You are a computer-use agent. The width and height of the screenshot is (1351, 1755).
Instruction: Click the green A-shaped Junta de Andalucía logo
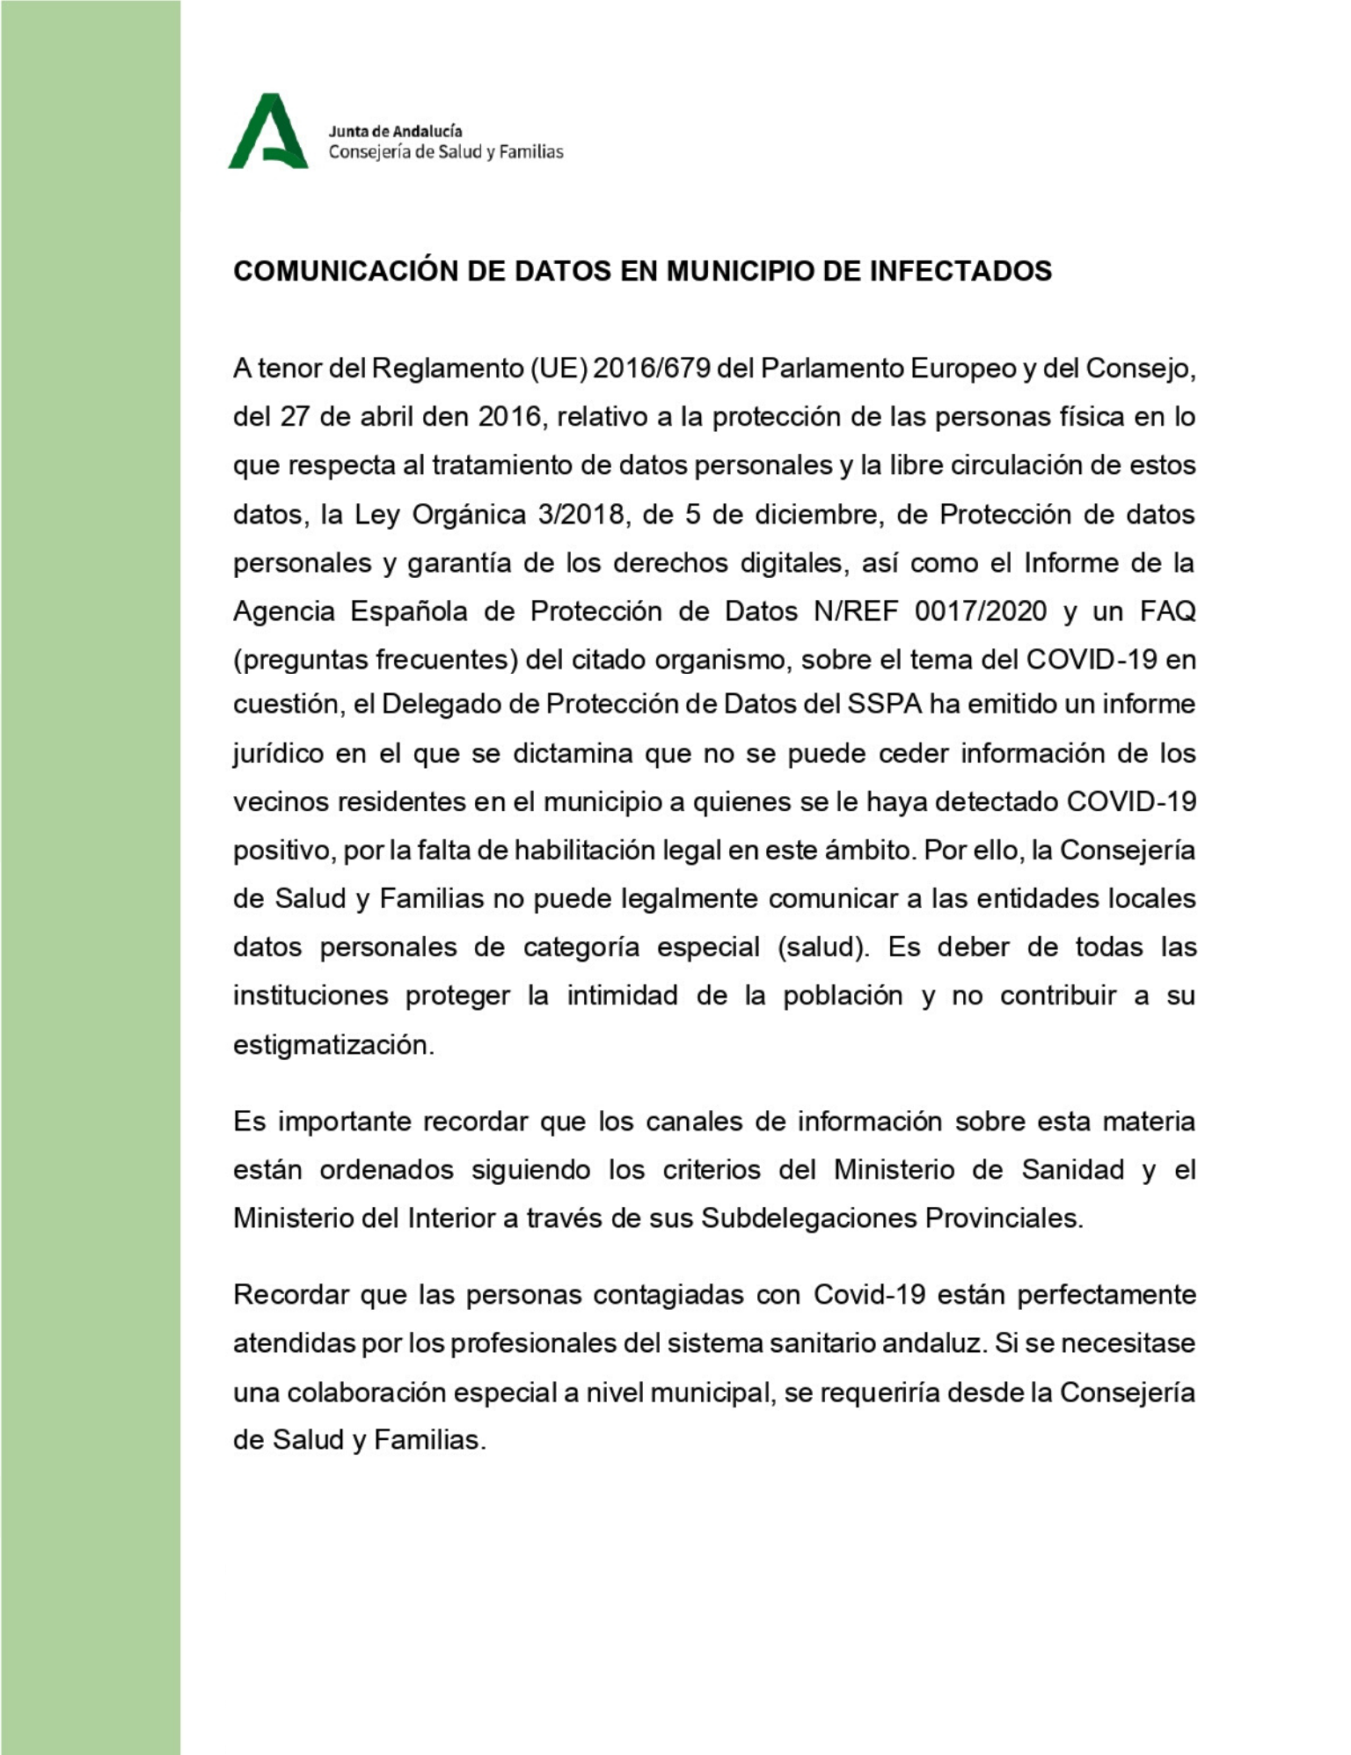(x=268, y=131)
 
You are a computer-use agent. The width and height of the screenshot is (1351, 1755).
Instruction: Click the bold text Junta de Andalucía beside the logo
(x=395, y=131)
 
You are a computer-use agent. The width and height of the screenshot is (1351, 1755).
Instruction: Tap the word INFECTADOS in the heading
(x=960, y=271)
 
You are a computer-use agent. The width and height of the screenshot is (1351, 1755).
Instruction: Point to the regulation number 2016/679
(x=651, y=368)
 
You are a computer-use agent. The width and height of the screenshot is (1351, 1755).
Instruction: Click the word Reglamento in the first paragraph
(x=448, y=368)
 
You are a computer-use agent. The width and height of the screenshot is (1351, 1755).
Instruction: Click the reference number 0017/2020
(x=981, y=611)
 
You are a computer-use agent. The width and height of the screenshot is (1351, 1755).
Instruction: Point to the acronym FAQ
(x=1167, y=611)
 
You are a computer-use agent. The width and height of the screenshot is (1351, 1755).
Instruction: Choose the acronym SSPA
(x=884, y=704)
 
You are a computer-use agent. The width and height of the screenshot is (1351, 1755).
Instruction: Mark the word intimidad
(x=621, y=996)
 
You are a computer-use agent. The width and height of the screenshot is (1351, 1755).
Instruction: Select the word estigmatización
(x=333, y=1045)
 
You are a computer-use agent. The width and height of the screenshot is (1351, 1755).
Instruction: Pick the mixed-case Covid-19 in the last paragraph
(x=869, y=1295)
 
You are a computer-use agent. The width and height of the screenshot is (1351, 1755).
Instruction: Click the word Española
(x=409, y=611)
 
